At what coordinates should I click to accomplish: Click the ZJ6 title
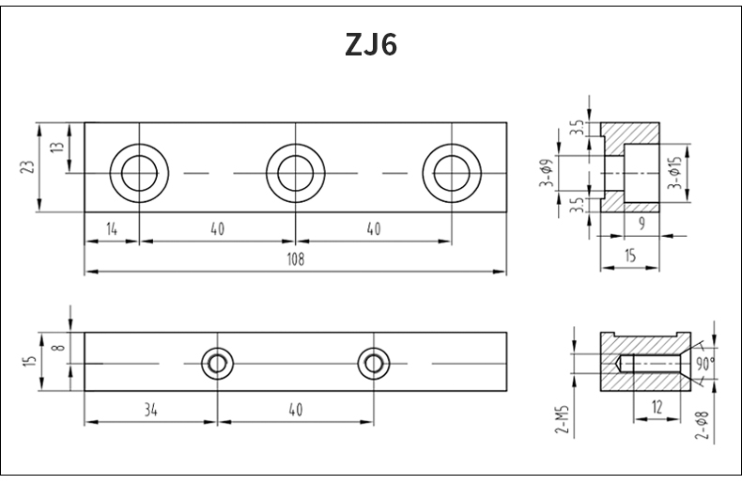(371, 45)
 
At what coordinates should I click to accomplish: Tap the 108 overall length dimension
(296, 259)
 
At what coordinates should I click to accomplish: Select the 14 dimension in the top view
(112, 229)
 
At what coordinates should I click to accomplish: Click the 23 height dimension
(27, 167)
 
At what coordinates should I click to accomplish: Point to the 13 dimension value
(56, 147)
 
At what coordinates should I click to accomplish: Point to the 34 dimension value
(150, 410)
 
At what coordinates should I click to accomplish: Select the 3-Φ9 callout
(546, 173)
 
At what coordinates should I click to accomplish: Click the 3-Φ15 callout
(675, 173)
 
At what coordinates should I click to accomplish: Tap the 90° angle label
(704, 364)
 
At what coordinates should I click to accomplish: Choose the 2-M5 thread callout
(562, 420)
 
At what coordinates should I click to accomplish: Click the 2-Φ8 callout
(703, 425)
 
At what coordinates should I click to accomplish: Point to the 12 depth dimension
(657, 407)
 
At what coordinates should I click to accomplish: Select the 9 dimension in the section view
(642, 224)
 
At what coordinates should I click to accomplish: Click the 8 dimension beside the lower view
(59, 348)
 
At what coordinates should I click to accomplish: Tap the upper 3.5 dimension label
(577, 128)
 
